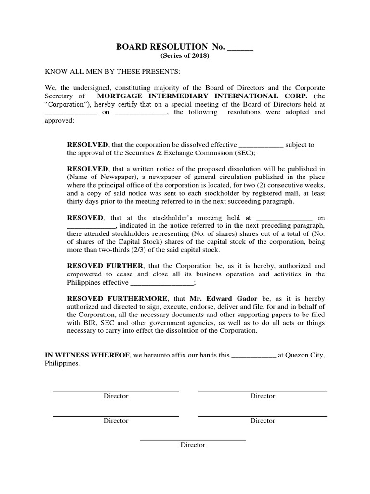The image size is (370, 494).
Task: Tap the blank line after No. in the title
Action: [239, 48]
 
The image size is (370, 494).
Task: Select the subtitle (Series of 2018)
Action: [185, 56]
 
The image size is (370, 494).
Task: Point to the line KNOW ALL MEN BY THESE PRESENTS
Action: [112, 72]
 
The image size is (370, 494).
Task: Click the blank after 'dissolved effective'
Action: [261, 145]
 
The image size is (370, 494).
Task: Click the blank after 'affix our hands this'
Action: [254, 356]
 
